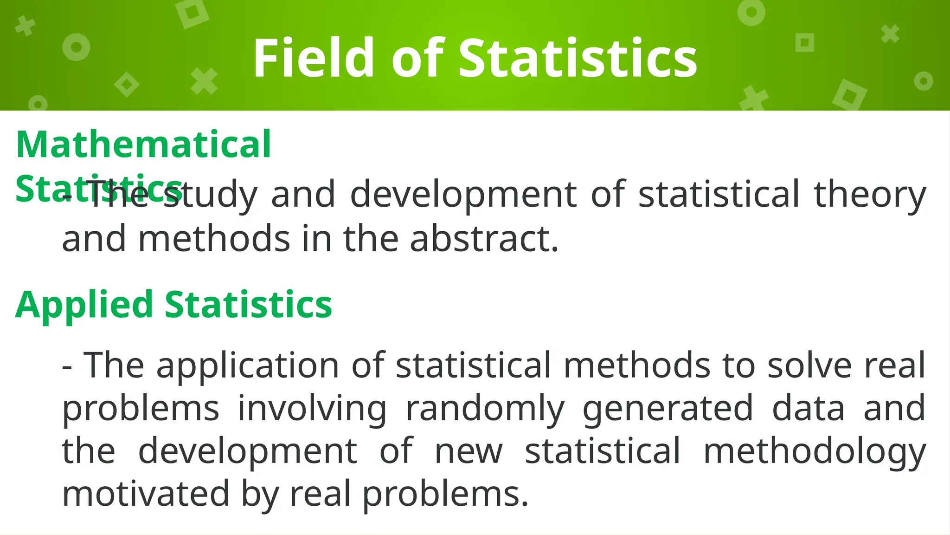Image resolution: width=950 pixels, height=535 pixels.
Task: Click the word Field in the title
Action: [x=313, y=58]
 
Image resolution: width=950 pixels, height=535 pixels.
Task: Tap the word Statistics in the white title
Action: [x=578, y=58]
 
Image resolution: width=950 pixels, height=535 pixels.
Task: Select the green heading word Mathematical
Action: [x=143, y=144]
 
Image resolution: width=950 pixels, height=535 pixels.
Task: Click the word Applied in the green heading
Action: [x=84, y=305]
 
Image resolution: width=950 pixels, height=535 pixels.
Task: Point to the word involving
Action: [x=312, y=409]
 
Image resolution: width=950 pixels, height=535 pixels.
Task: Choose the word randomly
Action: [x=485, y=409]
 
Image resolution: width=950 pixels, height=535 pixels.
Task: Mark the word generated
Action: [x=668, y=409]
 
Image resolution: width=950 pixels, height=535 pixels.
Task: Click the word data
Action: [x=808, y=408]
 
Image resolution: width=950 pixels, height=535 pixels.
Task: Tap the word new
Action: [x=469, y=451]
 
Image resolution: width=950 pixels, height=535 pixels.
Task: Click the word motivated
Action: [x=146, y=494]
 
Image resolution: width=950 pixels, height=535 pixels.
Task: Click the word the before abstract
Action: [x=371, y=239]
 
